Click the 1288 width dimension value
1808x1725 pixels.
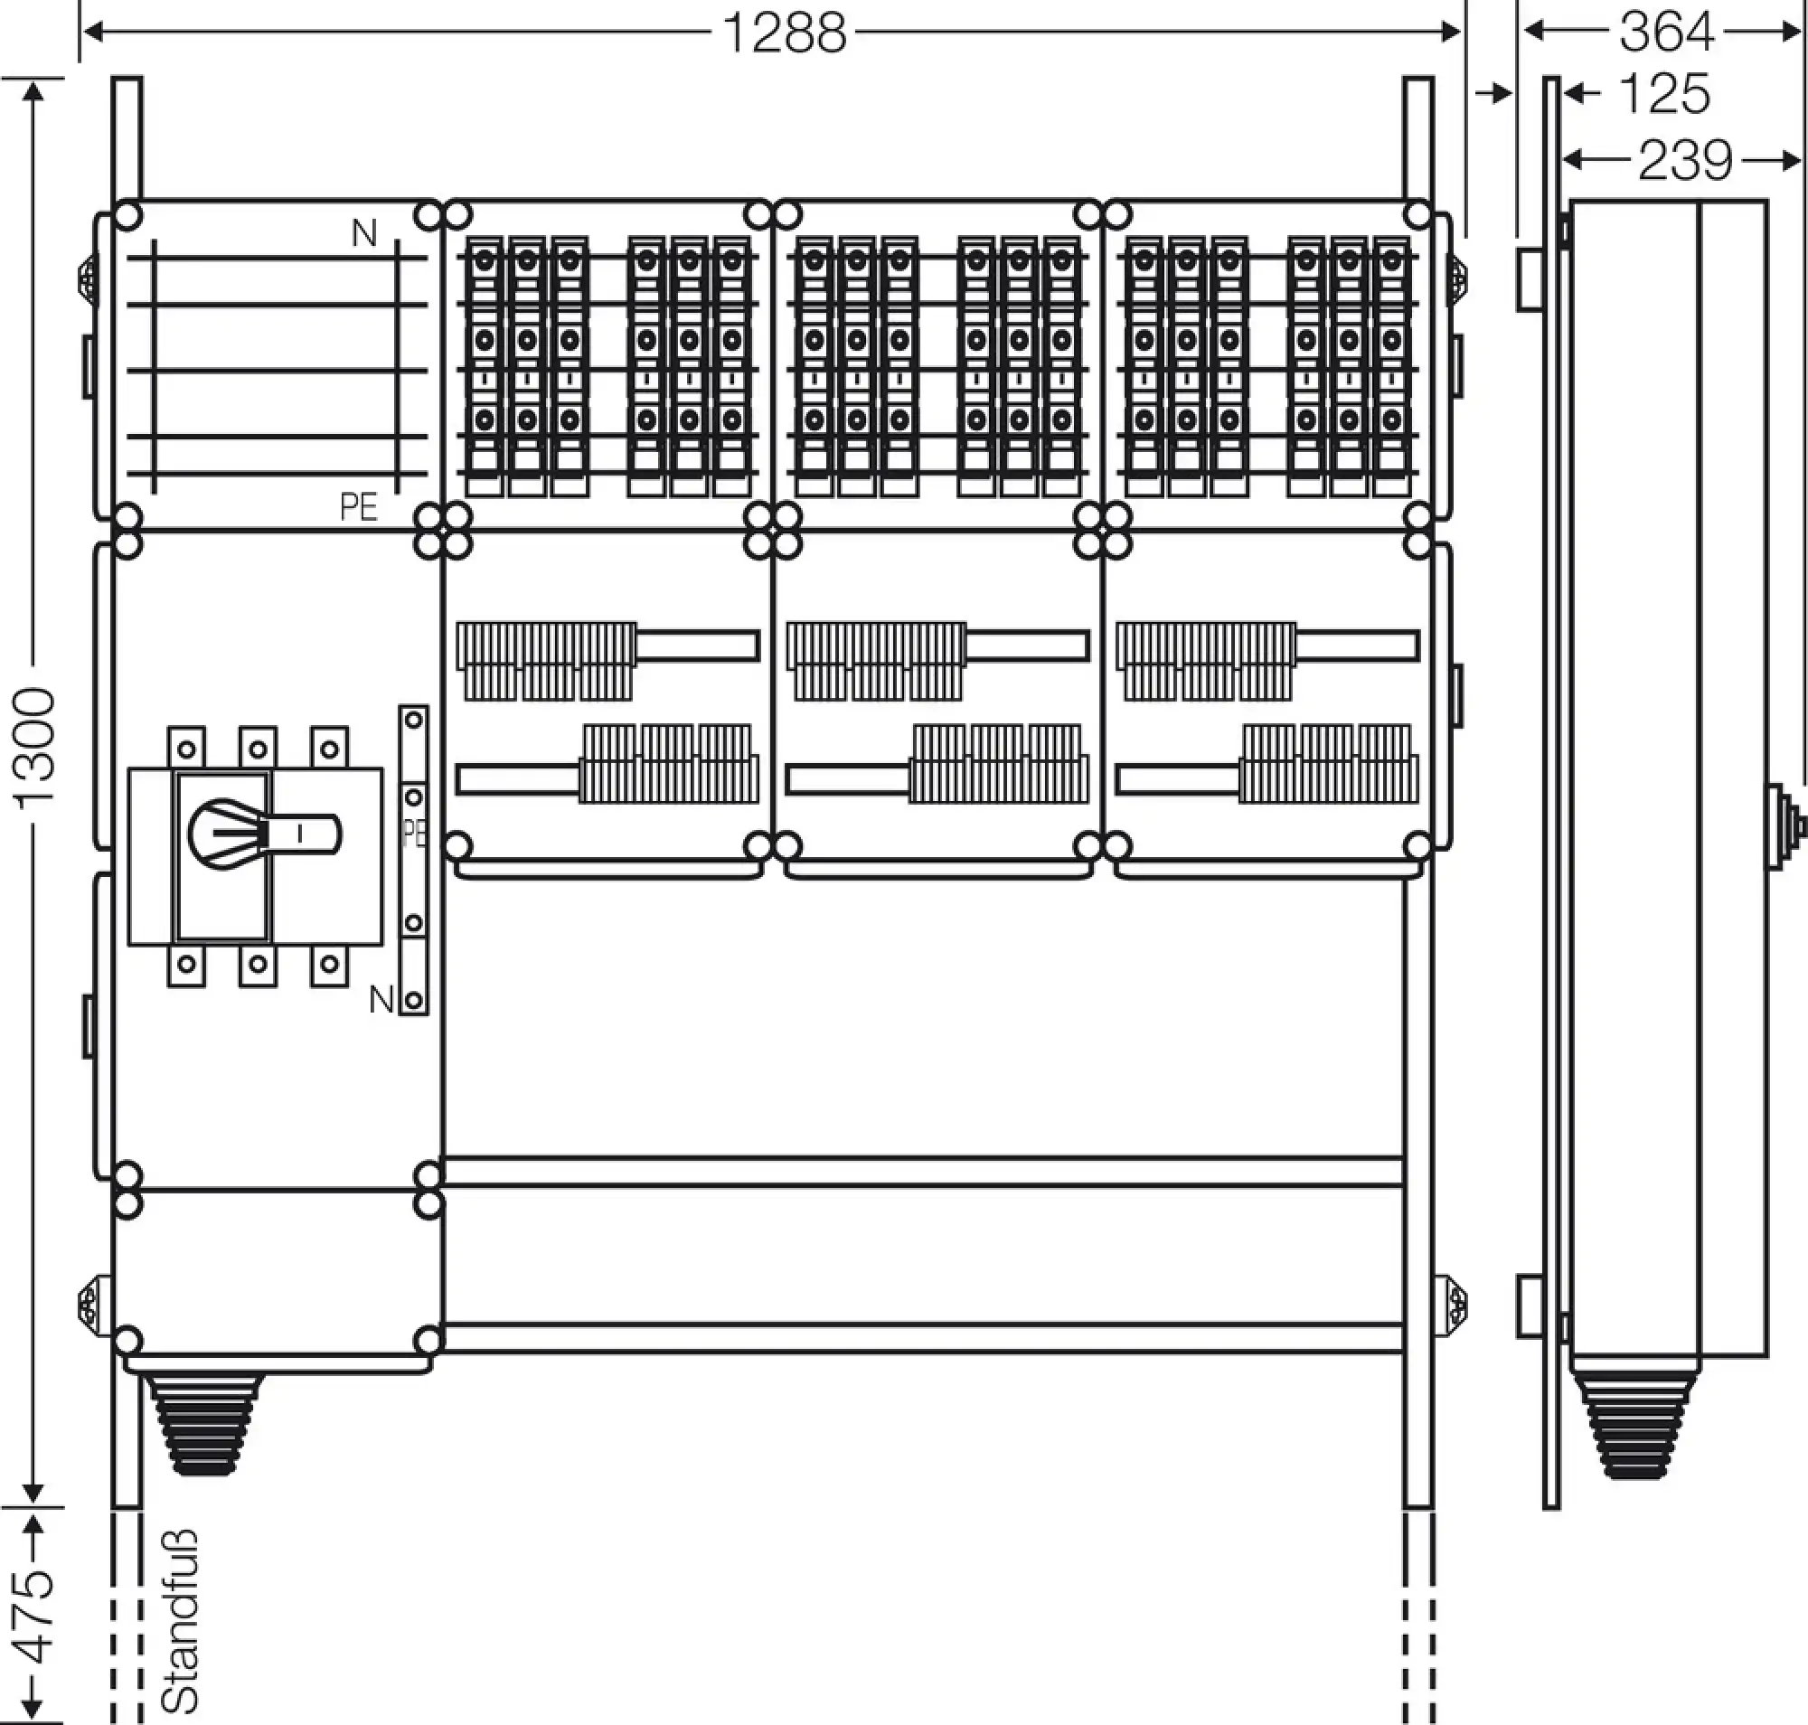coord(785,33)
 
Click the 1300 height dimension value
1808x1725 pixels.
coord(36,747)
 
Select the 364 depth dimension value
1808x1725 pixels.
coord(1666,33)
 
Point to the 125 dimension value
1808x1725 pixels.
coord(1662,94)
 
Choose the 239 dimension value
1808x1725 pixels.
coord(1685,161)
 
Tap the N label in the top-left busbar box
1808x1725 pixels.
coord(364,233)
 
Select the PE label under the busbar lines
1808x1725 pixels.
coord(358,506)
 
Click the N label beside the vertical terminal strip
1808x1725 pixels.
coord(381,1000)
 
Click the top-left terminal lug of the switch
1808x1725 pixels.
coord(187,748)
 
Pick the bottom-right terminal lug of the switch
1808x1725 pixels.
coord(330,966)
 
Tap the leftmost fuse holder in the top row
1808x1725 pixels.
coord(484,367)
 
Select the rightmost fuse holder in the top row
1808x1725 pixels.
coord(1390,367)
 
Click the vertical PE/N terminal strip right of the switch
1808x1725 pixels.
coord(414,860)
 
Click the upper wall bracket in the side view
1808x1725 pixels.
coord(1530,278)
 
